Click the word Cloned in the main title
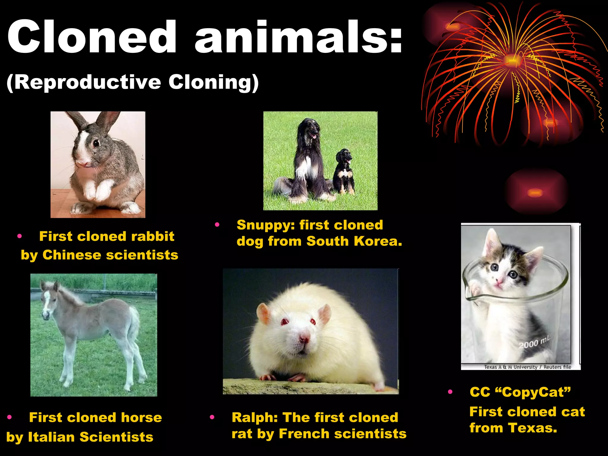click(92, 37)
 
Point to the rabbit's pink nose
click(84, 163)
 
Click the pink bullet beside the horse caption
click(9, 417)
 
